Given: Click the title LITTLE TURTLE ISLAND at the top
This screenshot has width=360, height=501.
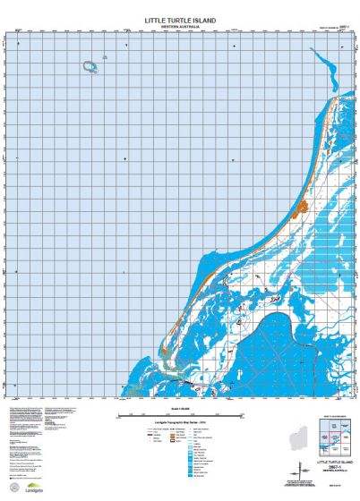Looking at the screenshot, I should [181, 19].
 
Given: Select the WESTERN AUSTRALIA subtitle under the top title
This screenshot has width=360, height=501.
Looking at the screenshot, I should [181, 26].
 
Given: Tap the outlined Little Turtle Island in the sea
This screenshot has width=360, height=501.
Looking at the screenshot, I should [90, 66].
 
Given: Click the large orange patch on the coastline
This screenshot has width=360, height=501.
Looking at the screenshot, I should [301, 208].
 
